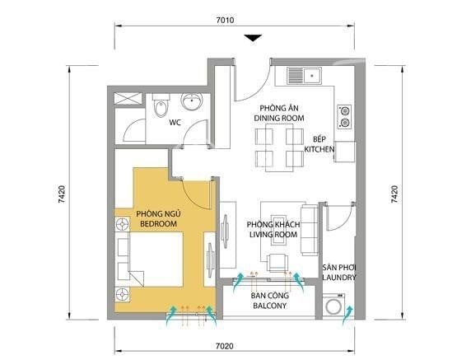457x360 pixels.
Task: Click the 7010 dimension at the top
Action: click(225, 20)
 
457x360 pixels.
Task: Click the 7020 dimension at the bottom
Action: click(225, 346)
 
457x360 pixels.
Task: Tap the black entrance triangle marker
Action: click(253, 38)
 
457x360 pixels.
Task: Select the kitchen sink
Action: click(305, 76)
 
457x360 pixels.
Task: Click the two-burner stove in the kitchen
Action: click(344, 117)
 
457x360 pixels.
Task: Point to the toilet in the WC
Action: click(161, 105)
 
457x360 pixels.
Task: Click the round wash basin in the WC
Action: click(192, 101)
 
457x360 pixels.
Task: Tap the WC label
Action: click(175, 123)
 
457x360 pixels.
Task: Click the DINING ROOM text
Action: click(279, 118)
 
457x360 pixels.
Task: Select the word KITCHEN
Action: click(319, 149)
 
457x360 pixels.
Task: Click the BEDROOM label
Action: click(159, 224)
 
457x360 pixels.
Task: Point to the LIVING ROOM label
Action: click(273, 235)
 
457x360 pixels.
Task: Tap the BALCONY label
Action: click(270, 306)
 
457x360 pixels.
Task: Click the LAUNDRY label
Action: click(339, 278)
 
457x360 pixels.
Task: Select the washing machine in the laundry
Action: click(333, 305)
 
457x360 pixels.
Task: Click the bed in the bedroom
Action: click(151, 259)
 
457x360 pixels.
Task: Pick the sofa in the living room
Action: click(310, 231)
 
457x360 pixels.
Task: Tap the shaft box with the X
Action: click(128, 99)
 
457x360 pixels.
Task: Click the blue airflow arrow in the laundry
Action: click(347, 315)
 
